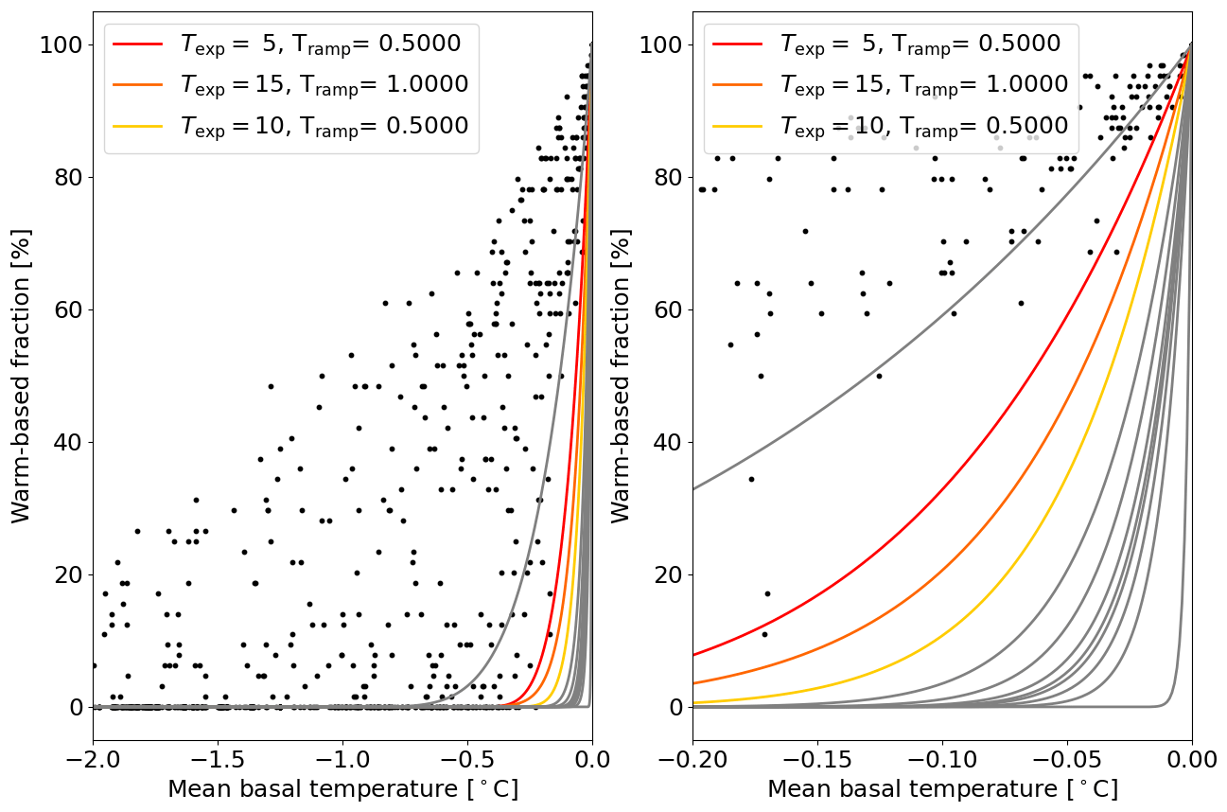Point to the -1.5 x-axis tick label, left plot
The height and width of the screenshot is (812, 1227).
tap(218, 758)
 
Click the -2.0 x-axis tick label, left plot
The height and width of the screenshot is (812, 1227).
tap(93, 758)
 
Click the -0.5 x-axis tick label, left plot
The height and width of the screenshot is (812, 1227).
tap(467, 758)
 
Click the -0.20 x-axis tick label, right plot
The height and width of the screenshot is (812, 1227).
tap(692, 758)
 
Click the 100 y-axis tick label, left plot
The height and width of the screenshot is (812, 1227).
tap(62, 44)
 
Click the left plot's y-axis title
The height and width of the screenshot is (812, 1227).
tap(21, 376)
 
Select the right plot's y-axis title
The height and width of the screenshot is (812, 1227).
tap(621, 376)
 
